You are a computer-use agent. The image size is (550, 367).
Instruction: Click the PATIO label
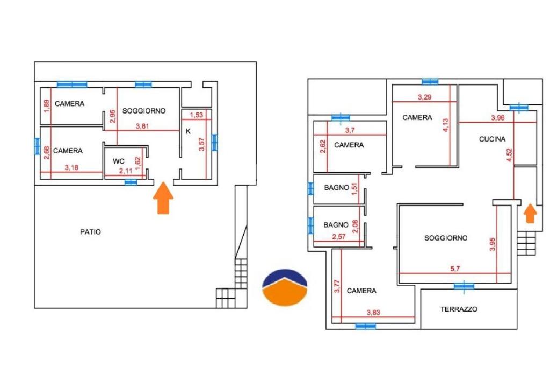90,232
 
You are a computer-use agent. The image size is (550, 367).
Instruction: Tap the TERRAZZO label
459,309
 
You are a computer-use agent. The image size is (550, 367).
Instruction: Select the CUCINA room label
492,139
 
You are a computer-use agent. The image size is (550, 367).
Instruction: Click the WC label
119,161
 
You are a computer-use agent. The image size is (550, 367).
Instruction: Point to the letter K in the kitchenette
188,131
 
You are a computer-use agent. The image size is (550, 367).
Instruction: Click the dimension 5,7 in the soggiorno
455,269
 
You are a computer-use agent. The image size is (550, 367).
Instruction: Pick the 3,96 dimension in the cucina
498,118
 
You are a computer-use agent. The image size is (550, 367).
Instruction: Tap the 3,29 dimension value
424,97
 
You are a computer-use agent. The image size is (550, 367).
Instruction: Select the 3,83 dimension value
373,313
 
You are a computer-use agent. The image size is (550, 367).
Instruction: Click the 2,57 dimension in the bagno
339,237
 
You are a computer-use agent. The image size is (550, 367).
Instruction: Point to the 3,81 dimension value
142,126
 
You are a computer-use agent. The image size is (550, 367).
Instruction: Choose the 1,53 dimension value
197,115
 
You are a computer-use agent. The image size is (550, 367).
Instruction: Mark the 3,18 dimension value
71,168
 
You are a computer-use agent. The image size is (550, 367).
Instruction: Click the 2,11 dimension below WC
126,171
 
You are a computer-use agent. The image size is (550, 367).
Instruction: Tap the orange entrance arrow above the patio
163,198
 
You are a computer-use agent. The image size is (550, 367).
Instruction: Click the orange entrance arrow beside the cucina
530,214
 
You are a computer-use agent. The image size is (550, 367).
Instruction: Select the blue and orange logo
285,287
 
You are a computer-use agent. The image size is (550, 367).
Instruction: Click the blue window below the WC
131,182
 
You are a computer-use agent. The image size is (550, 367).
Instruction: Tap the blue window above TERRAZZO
464,286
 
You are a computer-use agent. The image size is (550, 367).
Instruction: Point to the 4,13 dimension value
445,125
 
